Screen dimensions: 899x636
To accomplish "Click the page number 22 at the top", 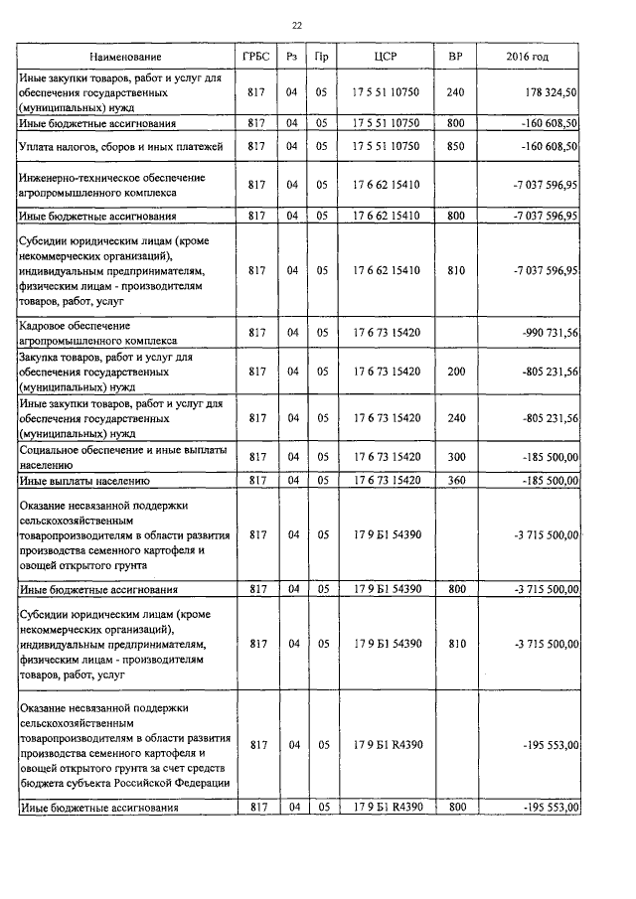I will click(x=297, y=25).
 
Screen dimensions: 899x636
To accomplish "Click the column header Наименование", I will click(x=125, y=58).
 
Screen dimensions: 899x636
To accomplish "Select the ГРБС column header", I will click(x=256, y=58).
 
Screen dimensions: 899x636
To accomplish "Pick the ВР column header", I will click(x=455, y=58).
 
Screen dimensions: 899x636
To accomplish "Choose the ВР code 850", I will click(x=455, y=146).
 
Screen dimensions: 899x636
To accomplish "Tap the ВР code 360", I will click(x=455, y=481).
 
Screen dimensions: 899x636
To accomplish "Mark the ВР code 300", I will click(x=455, y=457).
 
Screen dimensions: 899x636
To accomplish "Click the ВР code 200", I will click(x=455, y=371).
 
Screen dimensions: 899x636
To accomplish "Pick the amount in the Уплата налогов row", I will click(x=546, y=146).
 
